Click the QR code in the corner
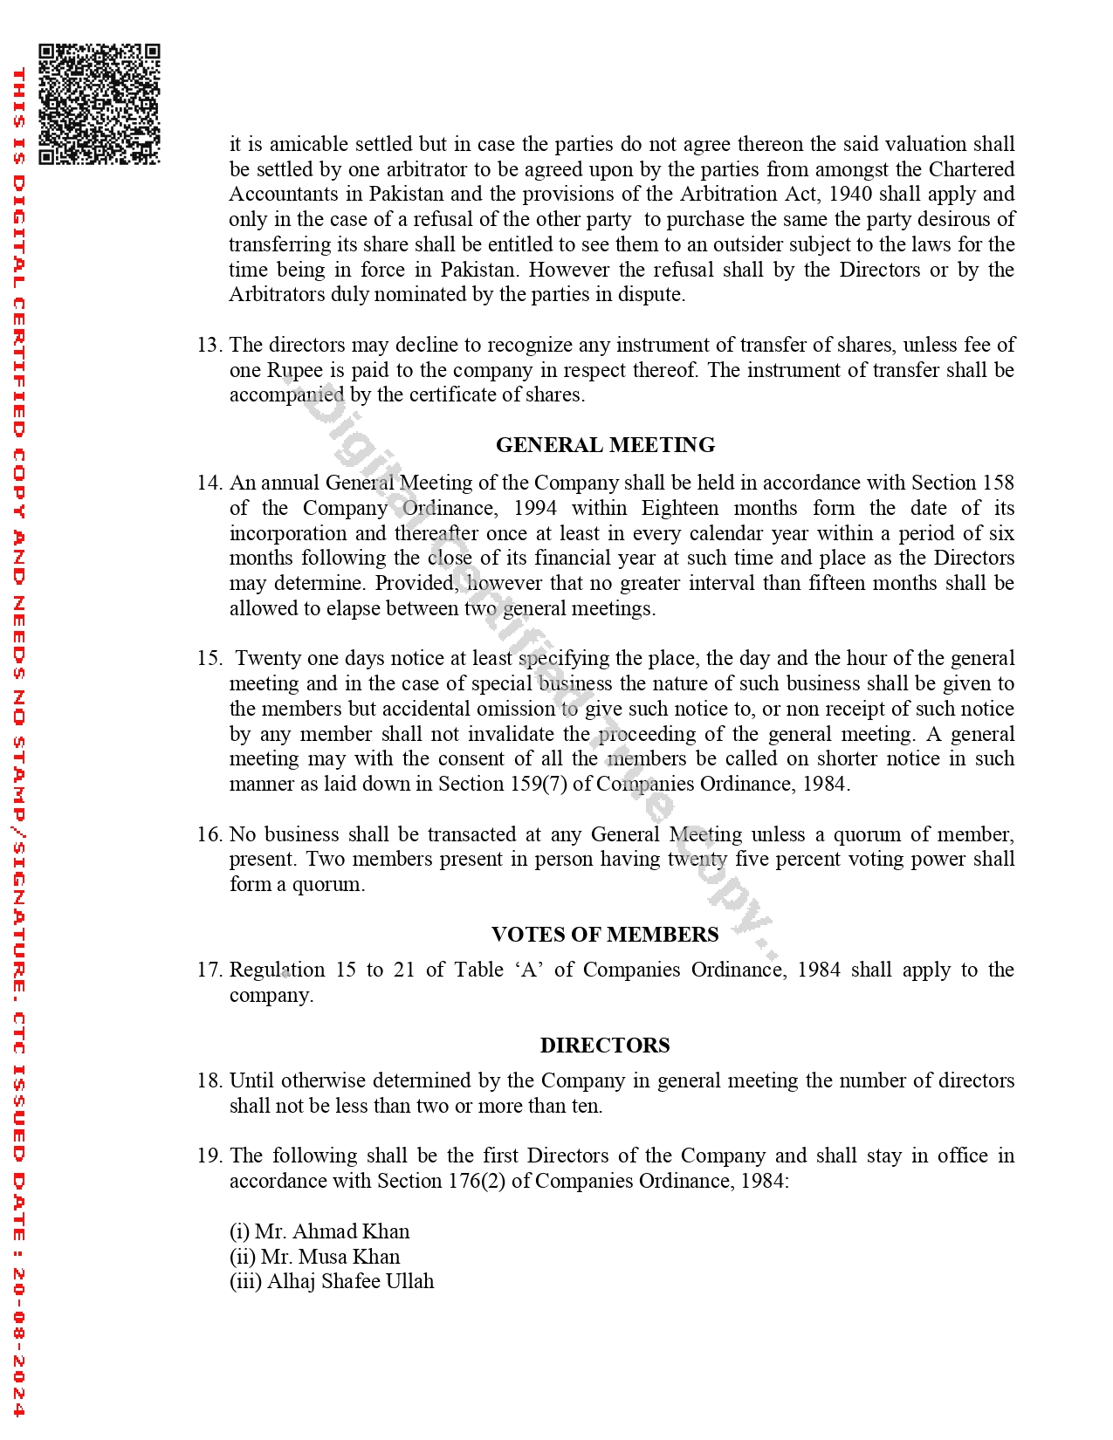coord(99,104)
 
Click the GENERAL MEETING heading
coord(605,445)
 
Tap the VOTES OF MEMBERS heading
coord(605,935)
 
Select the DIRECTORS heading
coord(605,1046)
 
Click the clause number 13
coord(209,345)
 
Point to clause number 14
coord(209,483)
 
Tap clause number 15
coord(209,658)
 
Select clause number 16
coord(209,834)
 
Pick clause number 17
coord(209,970)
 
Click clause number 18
coord(209,1080)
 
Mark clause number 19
coord(209,1155)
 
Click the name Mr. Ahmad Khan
coord(332,1231)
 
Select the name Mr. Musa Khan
coord(330,1257)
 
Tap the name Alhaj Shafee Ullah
coord(350,1281)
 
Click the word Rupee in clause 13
coord(295,370)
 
